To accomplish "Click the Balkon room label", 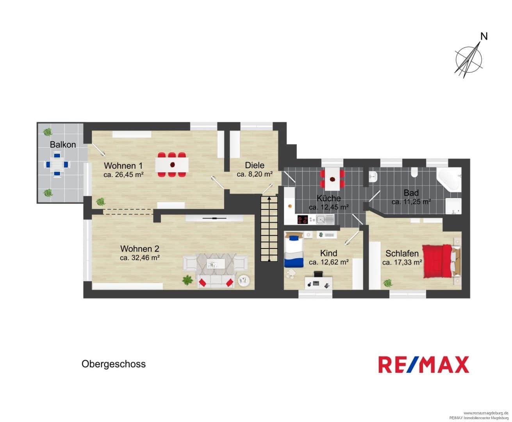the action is point(63,145).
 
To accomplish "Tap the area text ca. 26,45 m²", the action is point(123,175).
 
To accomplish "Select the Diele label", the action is point(255,165).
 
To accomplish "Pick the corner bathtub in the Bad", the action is point(449,179).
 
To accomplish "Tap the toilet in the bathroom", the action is point(414,172).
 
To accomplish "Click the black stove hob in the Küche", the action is point(303,219).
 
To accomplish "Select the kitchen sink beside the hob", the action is point(325,219).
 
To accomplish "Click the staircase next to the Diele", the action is point(269,229).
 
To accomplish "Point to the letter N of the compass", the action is point(484,37).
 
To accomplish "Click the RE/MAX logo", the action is point(424,365).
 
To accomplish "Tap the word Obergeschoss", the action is point(114,364).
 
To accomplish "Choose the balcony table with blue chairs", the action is point(57,164).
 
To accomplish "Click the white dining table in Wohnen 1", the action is point(172,165).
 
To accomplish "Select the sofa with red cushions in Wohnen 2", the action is point(216,281).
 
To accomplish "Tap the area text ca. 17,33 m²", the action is point(402,262).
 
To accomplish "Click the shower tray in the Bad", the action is point(453,206).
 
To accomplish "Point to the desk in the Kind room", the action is point(319,283).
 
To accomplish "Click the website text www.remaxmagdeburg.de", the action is point(486,413).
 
